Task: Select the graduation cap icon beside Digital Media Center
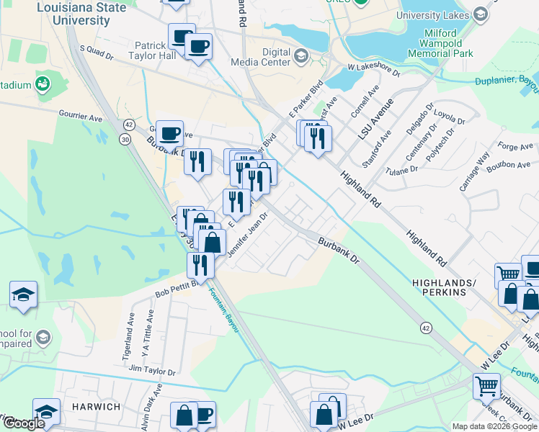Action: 300,55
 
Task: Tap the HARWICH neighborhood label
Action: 96,407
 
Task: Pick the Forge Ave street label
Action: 516,147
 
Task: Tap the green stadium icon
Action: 43,84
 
